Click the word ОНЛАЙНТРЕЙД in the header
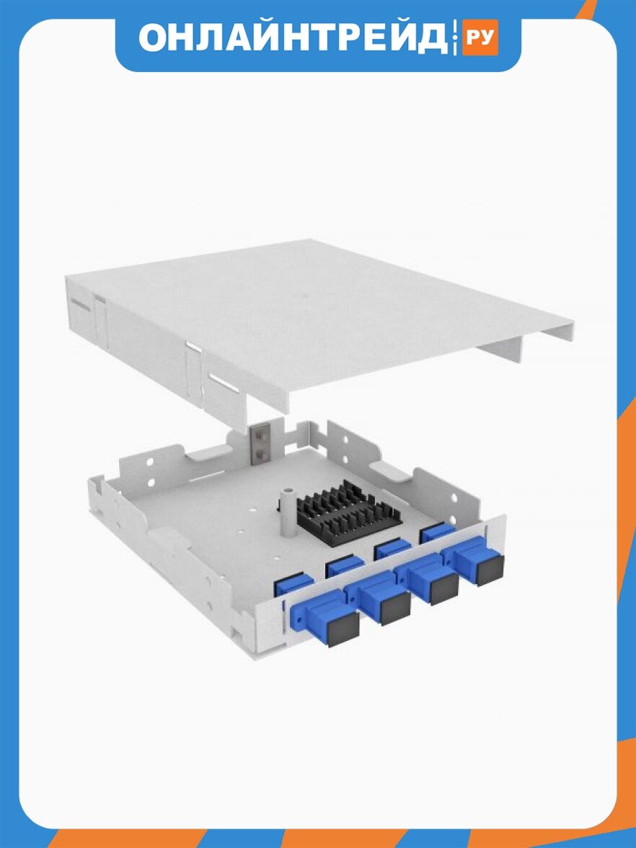293,37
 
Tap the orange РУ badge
480,37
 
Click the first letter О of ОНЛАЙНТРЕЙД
154,37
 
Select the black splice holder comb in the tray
348,511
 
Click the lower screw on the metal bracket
261,451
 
